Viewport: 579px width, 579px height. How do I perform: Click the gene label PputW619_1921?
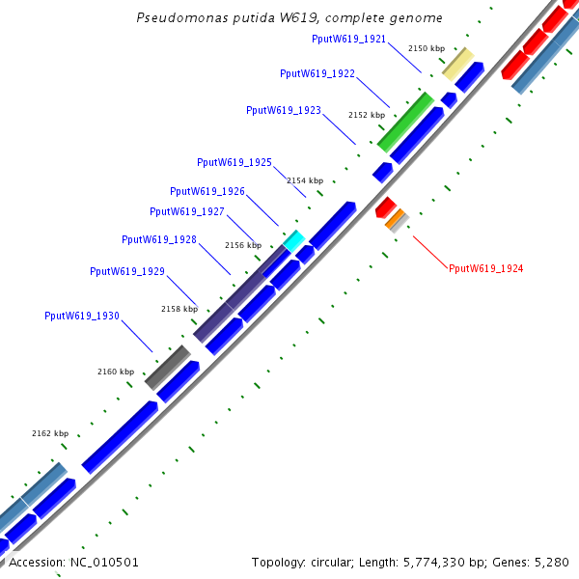(349, 39)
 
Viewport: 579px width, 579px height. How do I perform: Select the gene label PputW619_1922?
(317, 73)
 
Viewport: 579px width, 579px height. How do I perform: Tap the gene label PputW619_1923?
(284, 110)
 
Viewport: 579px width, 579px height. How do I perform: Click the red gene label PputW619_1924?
(485, 268)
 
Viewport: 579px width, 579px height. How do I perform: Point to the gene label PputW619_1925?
(234, 162)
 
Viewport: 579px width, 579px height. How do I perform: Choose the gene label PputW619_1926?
(207, 191)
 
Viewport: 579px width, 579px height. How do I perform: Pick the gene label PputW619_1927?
(187, 211)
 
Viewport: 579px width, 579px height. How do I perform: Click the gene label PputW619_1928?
(159, 239)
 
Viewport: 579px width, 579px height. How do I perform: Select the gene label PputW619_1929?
(127, 271)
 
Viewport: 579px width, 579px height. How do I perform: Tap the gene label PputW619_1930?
(82, 316)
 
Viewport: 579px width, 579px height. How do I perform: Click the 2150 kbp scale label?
(427, 47)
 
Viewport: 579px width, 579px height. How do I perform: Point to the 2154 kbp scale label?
(305, 180)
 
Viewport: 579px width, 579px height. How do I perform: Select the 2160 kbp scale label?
(116, 372)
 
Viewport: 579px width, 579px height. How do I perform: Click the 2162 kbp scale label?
(50, 433)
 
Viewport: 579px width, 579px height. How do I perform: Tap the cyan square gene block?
(294, 239)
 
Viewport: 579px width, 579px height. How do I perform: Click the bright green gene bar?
(405, 123)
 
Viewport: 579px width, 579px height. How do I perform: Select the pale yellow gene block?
(457, 63)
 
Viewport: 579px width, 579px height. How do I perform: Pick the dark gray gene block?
(167, 367)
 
